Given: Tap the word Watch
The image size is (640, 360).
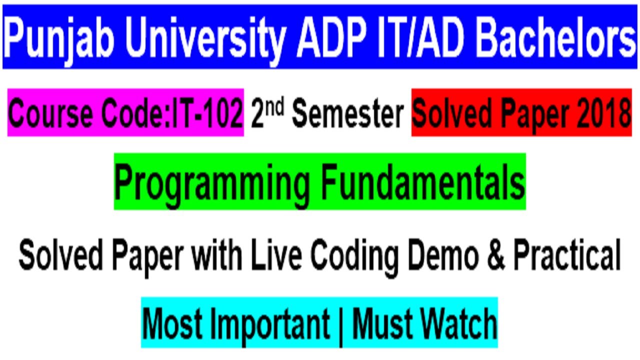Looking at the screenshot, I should [x=453, y=322].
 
